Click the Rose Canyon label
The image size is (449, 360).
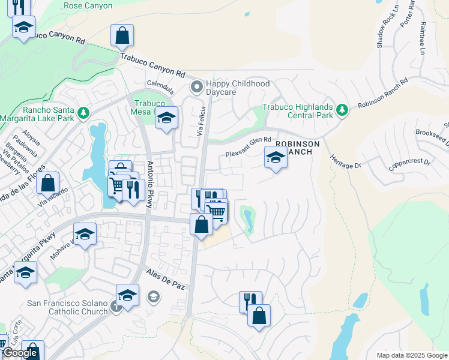click(x=88, y=5)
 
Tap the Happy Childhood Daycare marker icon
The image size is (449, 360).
click(x=196, y=88)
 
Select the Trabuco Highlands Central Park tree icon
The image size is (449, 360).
click(x=342, y=110)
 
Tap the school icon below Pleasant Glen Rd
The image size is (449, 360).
click(x=276, y=158)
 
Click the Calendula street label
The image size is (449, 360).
click(x=160, y=84)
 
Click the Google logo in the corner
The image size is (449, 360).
click(x=20, y=353)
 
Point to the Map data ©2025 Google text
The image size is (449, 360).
click(x=412, y=355)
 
